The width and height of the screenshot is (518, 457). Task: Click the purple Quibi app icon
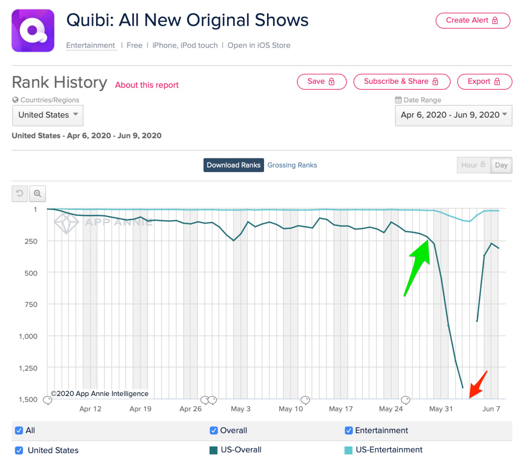(x=33, y=31)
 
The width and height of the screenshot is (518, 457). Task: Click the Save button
(x=321, y=82)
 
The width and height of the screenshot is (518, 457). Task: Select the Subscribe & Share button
(x=402, y=82)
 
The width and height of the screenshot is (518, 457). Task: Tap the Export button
(x=484, y=82)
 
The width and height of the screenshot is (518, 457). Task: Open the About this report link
(x=147, y=85)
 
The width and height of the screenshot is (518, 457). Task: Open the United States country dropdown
(x=48, y=115)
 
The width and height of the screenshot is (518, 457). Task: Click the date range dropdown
(x=453, y=115)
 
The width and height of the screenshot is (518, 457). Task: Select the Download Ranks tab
(x=233, y=165)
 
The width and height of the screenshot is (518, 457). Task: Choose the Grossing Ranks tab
(x=292, y=165)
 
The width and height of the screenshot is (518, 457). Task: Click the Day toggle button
(x=501, y=165)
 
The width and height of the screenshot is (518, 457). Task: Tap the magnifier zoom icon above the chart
(x=37, y=193)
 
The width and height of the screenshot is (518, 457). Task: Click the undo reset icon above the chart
(x=20, y=193)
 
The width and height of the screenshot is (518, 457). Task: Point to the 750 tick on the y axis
(x=31, y=305)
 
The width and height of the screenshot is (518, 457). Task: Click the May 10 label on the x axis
(x=291, y=409)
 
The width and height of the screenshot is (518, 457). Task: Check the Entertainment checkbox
(x=349, y=431)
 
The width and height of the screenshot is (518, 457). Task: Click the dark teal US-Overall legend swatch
(x=213, y=450)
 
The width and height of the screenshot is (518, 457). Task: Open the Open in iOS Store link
(x=259, y=45)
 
